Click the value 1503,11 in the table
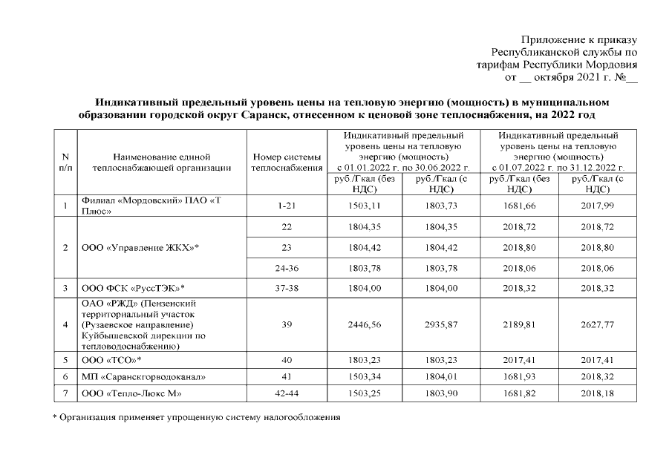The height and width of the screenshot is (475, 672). (365, 206)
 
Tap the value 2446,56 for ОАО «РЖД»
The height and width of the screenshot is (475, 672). (365, 324)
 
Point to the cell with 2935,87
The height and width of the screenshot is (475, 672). (443, 324)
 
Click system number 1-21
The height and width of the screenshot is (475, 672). (287, 206)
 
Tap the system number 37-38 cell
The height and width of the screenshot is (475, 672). (287, 287)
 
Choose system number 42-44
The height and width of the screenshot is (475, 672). (287, 393)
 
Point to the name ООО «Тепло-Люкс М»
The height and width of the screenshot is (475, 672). (131, 393)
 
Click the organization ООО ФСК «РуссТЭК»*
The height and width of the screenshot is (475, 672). (133, 287)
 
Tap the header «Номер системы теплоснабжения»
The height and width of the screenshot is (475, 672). (287, 162)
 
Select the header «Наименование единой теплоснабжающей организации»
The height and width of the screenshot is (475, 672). (162, 162)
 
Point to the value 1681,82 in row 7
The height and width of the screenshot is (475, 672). (521, 393)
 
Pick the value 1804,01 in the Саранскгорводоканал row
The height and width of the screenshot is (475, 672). (443, 376)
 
